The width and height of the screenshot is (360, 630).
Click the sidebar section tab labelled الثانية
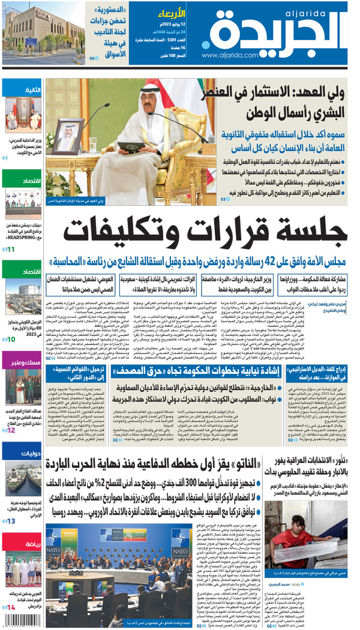click(23, 90)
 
